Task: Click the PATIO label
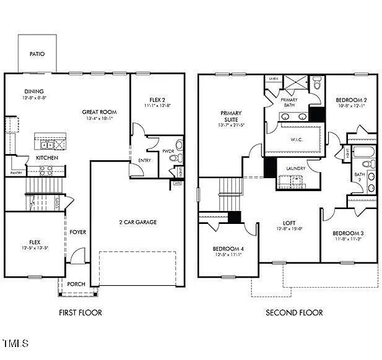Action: (x=37, y=54)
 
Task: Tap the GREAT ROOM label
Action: (x=99, y=112)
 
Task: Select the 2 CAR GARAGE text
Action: (x=137, y=222)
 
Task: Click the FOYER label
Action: (x=77, y=232)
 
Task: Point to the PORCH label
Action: (x=76, y=284)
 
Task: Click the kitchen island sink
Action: (x=46, y=145)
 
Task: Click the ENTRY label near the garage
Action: (x=144, y=160)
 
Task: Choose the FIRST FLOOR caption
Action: (x=80, y=312)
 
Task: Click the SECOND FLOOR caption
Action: (x=294, y=312)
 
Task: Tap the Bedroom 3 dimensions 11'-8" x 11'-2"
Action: (x=349, y=238)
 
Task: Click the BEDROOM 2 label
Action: (x=351, y=100)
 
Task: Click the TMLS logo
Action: (x=16, y=343)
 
